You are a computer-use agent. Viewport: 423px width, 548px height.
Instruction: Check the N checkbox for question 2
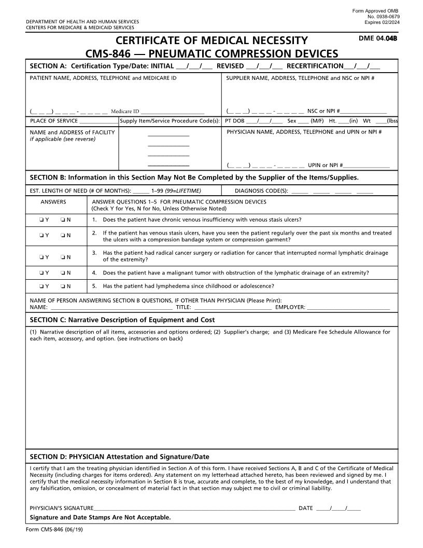pyautogui.click(x=63, y=235)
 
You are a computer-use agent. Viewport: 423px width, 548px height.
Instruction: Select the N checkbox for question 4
pyautogui.click(x=63, y=273)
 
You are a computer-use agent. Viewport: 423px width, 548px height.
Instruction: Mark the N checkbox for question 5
pyautogui.click(x=63, y=286)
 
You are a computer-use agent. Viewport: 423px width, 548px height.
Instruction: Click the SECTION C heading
pyautogui.click(x=122, y=320)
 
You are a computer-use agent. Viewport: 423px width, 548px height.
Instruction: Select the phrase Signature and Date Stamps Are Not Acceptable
pyautogui.click(x=100, y=517)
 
